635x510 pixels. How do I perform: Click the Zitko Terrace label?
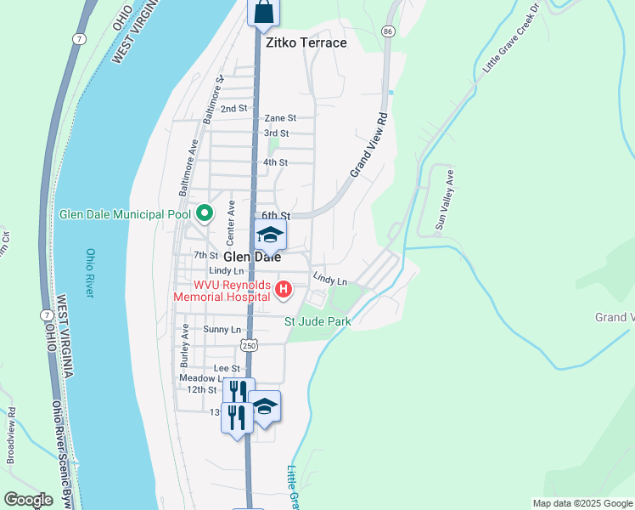tap(306, 42)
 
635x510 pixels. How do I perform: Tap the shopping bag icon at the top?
tap(263, 12)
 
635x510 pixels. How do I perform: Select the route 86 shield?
tap(388, 31)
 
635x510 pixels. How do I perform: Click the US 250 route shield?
tap(248, 345)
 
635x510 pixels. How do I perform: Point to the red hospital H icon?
tap(284, 292)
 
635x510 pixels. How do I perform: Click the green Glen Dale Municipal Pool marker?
tap(204, 214)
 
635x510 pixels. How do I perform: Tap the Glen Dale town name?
tap(252, 257)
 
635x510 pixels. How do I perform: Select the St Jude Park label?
tap(317, 321)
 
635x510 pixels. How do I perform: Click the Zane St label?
tap(279, 118)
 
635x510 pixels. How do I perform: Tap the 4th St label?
tap(275, 162)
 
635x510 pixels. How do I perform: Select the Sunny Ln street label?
tap(222, 329)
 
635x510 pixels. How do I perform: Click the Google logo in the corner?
tap(28, 500)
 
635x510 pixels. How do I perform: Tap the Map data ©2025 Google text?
tap(582, 503)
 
